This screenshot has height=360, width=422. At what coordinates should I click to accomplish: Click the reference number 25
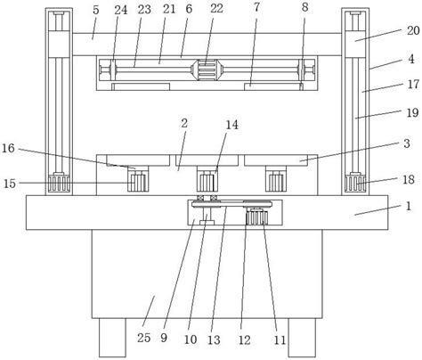(144, 338)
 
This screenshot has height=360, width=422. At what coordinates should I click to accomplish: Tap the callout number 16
(8, 148)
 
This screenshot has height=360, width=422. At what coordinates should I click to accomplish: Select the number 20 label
(413, 30)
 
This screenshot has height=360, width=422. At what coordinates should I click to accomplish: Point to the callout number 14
(231, 125)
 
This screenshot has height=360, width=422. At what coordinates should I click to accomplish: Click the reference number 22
(216, 8)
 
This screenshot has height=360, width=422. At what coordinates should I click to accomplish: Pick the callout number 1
(409, 206)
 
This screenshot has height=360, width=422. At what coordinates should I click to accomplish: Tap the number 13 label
(214, 340)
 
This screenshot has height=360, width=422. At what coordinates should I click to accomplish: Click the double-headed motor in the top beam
(207, 70)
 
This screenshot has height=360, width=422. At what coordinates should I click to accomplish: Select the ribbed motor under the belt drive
(256, 217)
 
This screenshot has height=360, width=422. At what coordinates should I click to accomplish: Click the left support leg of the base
(112, 338)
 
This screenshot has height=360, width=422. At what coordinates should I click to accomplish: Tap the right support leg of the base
(302, 338)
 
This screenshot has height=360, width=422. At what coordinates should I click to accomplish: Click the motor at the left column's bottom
(59, 184)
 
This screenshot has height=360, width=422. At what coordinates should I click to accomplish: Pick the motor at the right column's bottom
(355, 184)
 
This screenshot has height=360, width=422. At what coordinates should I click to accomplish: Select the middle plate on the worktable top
(207, 160)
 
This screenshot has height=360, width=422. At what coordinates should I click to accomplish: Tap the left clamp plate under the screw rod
(141, 86)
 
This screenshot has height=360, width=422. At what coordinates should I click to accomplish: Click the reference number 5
(95, 10)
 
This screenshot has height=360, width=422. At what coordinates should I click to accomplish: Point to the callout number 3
(407, 143)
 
